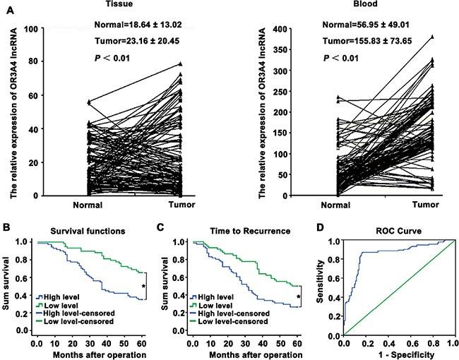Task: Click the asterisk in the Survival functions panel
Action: pos(144,286)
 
